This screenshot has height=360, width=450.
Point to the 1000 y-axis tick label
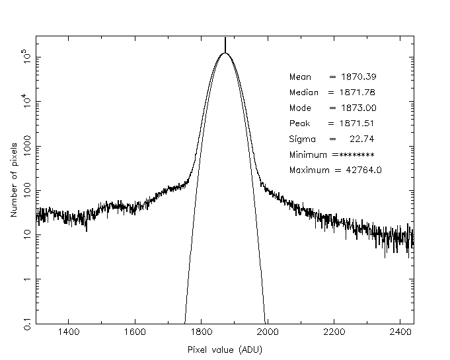pos(24,146)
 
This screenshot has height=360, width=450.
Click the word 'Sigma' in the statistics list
pos(303,139)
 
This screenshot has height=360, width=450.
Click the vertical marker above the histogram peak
pos(225,44)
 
